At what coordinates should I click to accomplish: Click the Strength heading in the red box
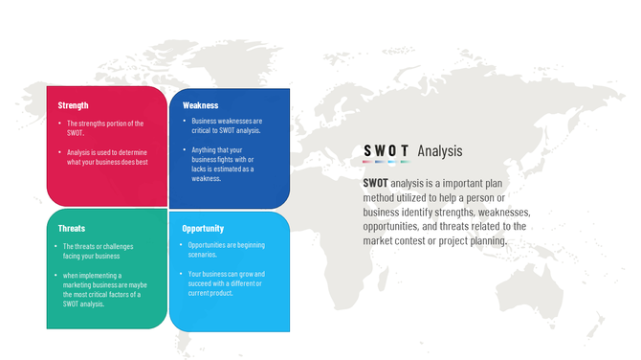pyautogui.click(x=73, y=105)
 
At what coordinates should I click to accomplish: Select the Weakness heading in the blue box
pyautogui.click(x=200, y=105)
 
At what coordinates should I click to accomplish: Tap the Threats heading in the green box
pyautogui.click(x=72, y=229)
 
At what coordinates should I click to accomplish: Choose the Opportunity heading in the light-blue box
pyautogui.click(x=203, y=229)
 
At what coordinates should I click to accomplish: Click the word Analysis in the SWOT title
pyautogui.click(x=440, y=150)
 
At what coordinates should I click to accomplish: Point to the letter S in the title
pyautogui.click(x=367, y=150)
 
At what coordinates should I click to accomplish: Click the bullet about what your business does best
pyautogui.click(x=107, y=157)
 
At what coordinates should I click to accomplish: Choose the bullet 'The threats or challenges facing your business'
pyautogui.click(x=100, y=252)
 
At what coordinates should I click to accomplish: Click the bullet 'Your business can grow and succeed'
pyautogui.click(x=228, y=283)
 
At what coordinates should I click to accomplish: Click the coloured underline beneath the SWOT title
pyautogui.click(x=387, y=162)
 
